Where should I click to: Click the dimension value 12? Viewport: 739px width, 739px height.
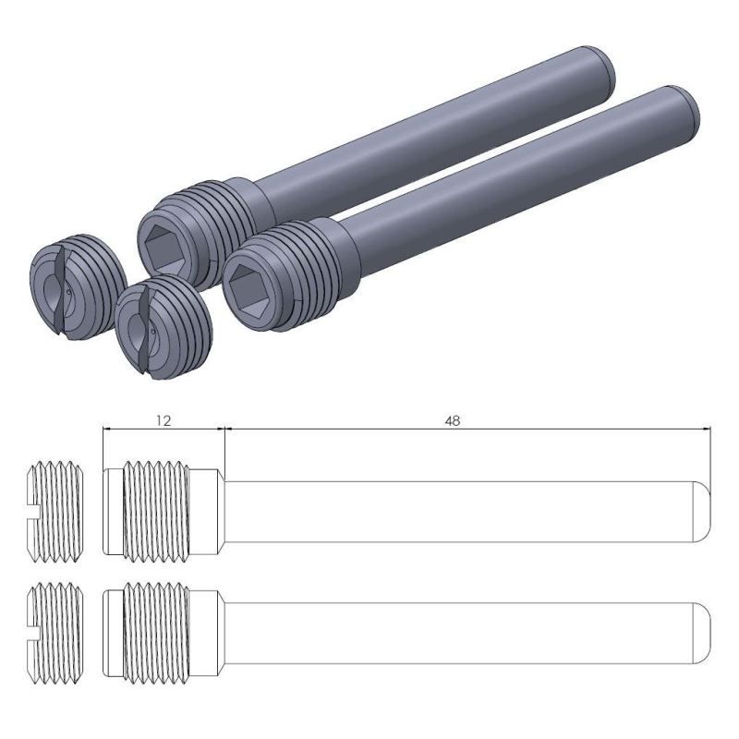[x=163, y=419]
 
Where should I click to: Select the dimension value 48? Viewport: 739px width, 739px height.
[x=452, y=419]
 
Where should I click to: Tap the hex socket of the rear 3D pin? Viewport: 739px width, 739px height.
[x=164, y=245]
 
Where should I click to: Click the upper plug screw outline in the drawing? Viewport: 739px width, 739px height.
[x=55, y=509]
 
